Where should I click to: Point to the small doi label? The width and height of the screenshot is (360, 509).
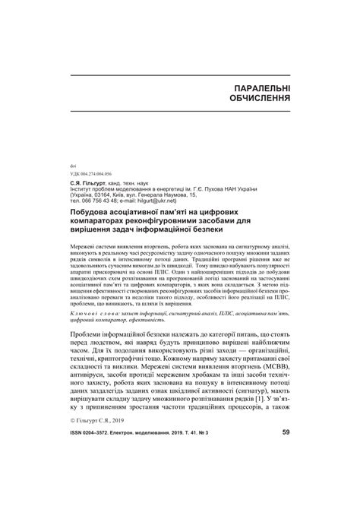click(x=73, y=165)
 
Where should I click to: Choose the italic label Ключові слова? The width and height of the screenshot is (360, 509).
click(x=94, y=312)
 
